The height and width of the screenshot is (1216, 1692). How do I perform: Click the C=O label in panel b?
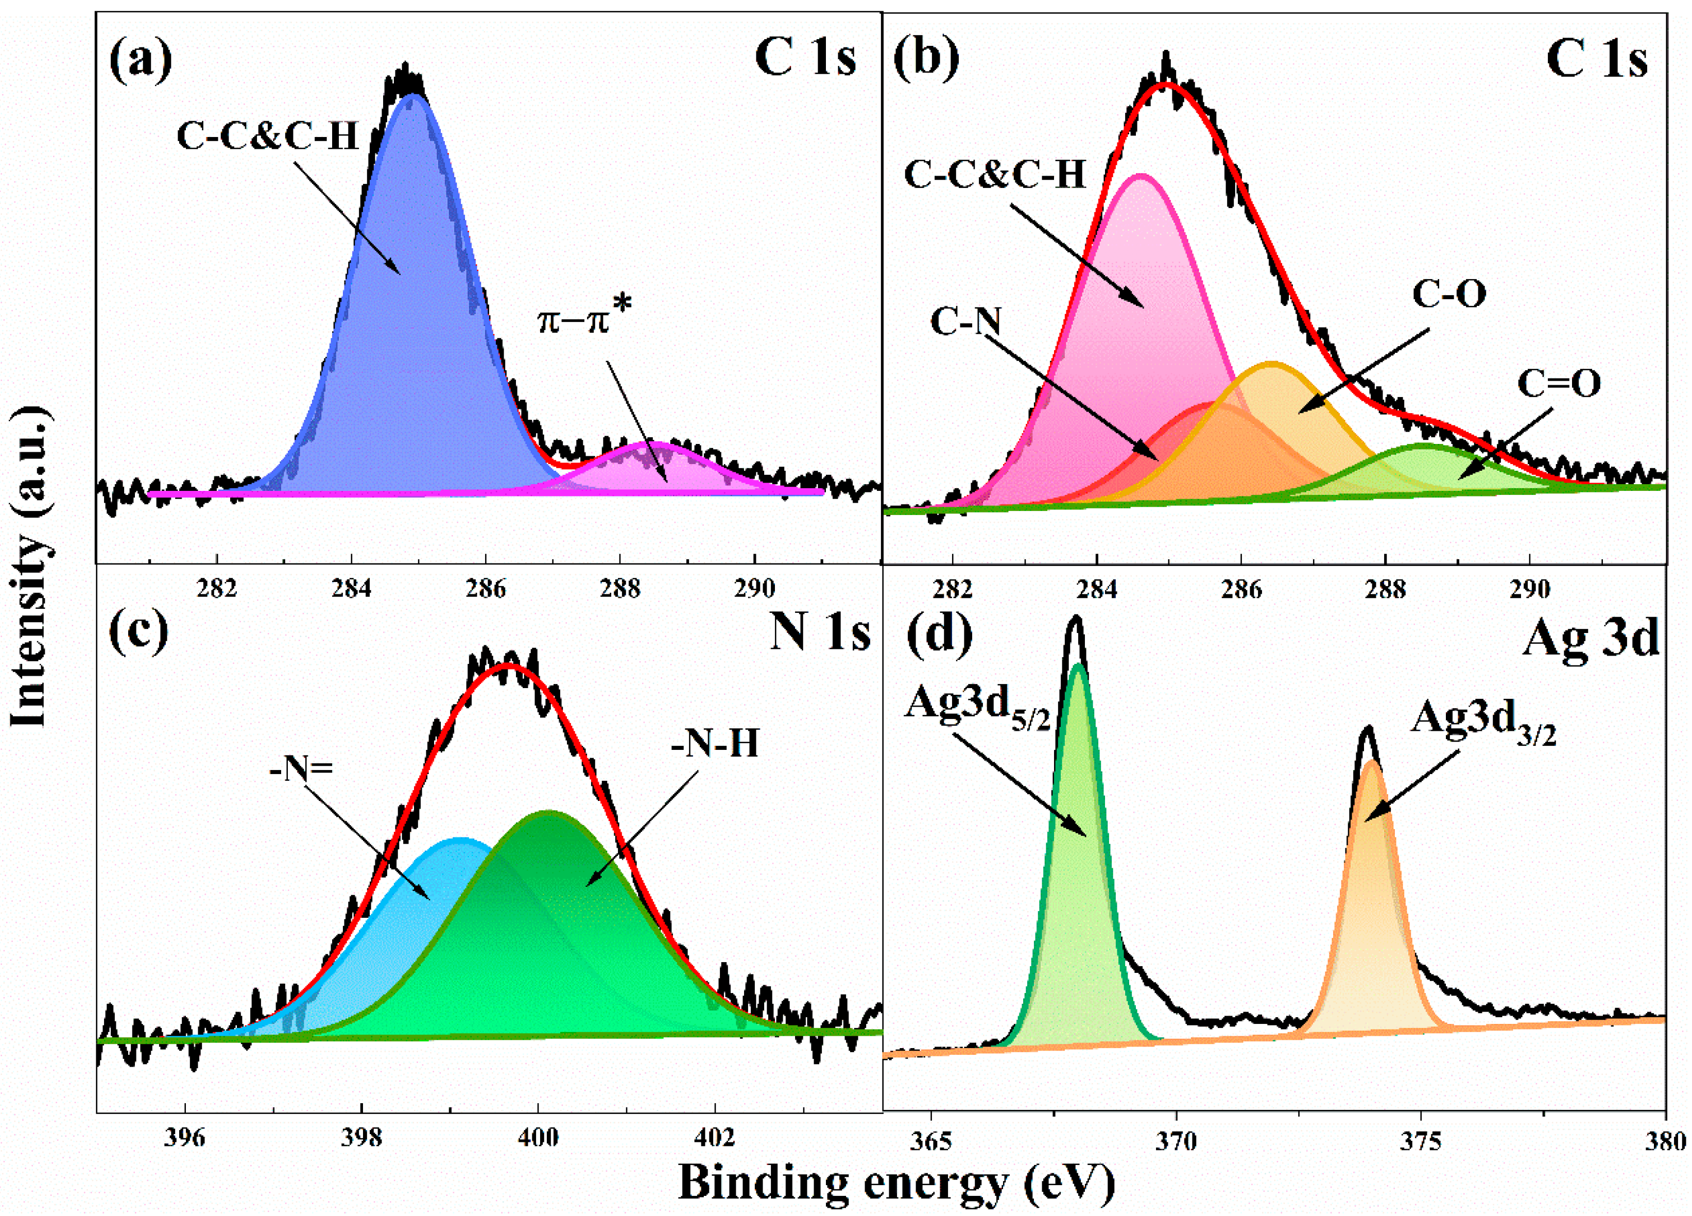(1559, 384)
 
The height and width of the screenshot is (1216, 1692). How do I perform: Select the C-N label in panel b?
(965, 322)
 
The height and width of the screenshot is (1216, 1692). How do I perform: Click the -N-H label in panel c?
(715, 744)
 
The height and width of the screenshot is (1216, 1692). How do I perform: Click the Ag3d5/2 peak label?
(977, 705)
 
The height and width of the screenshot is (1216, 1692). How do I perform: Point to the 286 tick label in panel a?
(486, 589)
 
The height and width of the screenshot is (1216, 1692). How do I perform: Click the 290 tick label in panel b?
(1529, 589)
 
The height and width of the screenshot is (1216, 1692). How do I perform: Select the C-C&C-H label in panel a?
(268, 136)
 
